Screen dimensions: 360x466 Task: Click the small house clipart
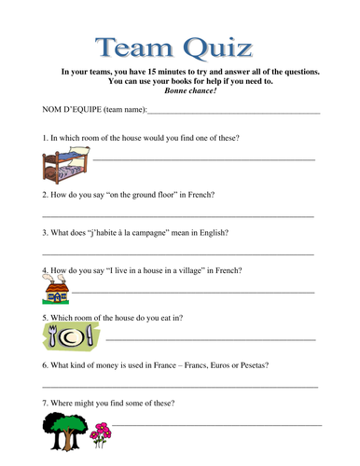click(x=56, y=292)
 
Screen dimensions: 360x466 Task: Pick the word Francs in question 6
click(x=185, y=364)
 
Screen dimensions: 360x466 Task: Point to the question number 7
click(x=45, y=403)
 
